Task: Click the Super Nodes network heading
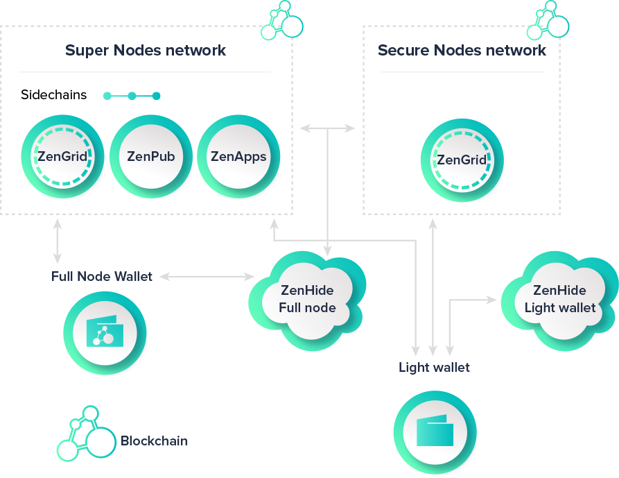pos(146,51)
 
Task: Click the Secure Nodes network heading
pos(462,51)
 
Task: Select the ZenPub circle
pos(151,156)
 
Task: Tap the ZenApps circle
pos(238,156)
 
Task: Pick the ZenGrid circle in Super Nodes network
pos(63,156)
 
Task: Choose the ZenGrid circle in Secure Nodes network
pos(462,160)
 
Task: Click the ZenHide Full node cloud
pos(308,299)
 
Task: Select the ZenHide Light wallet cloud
pos(559,299)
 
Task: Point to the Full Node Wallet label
pos(102,277)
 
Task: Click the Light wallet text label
pos(434,367)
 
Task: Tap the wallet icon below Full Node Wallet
pos(104,334)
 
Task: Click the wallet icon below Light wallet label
pos(435,432)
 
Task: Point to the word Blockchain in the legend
pos(154,441)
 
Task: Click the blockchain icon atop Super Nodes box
pos(281,21)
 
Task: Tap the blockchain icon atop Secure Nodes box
pos(547,21)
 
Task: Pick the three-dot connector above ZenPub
pos(132,96)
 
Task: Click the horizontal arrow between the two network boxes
pos(327,128)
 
